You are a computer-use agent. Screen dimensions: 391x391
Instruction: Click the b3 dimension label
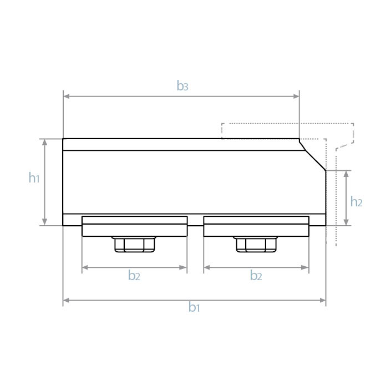tap(182, 86)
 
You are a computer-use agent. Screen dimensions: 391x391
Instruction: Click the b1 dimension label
tap(194, 307)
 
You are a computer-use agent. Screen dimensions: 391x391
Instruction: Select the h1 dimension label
tap(34, 177)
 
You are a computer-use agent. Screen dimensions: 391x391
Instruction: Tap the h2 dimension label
tap(356, 202)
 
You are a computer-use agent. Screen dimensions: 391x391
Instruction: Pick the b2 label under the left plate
tap(134, 276)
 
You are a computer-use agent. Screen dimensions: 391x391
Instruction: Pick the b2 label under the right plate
tap(256, 276)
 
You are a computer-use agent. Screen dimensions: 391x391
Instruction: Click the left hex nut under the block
tap(134, 244)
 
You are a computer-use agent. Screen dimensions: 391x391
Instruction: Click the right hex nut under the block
tap(256, 244)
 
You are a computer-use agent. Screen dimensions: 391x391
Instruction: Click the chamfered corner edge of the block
tap(312, 155)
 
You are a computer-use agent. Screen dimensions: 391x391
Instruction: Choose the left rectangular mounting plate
tap(134, 226)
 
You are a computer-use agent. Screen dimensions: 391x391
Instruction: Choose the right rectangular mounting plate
tap(256, 226)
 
